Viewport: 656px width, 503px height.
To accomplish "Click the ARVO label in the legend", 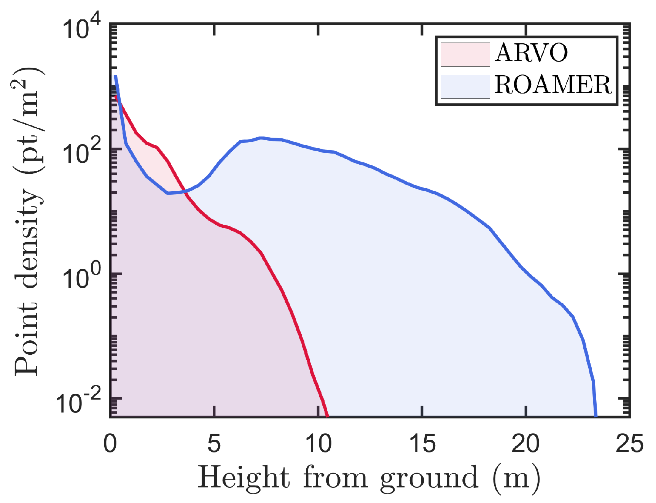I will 531,53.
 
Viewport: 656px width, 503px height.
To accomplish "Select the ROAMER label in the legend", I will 553,85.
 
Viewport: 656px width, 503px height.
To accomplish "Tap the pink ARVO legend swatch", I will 465,54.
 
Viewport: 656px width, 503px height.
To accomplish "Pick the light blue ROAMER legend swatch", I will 465,87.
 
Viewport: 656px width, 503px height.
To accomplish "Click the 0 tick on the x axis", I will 110,443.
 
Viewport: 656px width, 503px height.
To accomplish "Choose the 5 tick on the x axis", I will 214,443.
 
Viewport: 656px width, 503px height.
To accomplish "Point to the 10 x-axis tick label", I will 318,443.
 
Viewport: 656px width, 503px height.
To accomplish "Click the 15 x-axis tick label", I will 422,443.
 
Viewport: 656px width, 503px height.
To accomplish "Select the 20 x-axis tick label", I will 526,443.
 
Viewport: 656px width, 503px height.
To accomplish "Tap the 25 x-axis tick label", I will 630,443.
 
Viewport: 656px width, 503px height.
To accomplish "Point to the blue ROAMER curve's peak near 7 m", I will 261,138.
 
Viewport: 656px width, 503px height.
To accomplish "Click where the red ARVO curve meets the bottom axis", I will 327,416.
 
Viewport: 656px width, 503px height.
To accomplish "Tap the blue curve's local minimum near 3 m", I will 168,193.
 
